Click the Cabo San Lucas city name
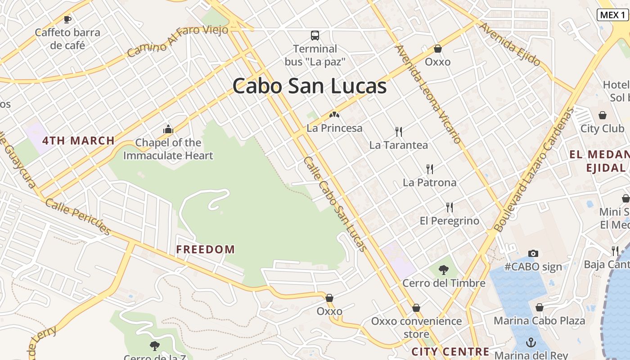310,86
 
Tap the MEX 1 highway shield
612,14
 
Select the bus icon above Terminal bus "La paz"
315,36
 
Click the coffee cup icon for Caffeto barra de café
67,19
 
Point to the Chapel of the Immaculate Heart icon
168,130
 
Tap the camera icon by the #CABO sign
533,253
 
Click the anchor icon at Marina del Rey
531,342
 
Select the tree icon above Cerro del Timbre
444,270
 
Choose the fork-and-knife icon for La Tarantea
398,132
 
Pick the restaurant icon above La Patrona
430,169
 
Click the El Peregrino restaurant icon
450,207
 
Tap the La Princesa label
334,128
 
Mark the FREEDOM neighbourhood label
206,249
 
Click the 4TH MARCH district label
79,140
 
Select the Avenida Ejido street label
509,44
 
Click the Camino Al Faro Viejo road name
177,41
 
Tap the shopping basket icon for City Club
602,116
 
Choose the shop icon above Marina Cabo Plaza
540,308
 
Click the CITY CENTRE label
450,351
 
